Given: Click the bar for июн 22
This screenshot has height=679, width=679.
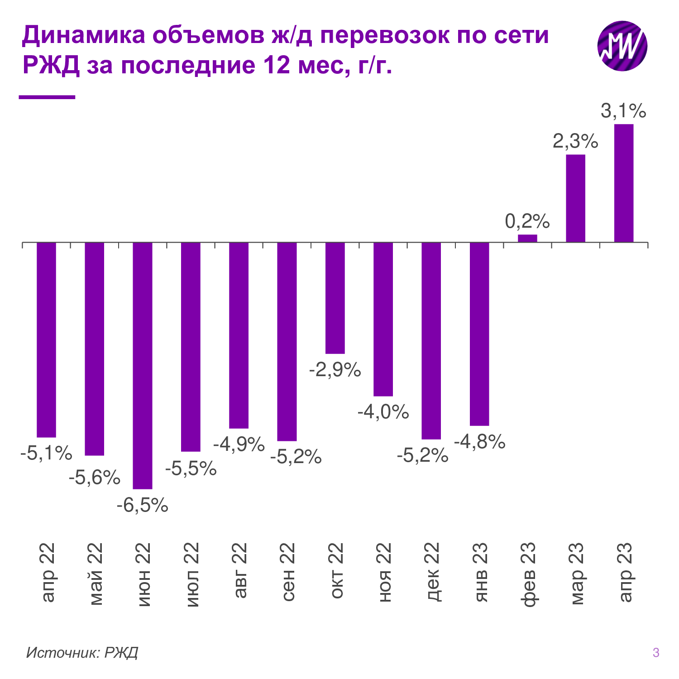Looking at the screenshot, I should (x=142, y=365).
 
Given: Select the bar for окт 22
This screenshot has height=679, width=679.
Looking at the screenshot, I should (x=335, y=298).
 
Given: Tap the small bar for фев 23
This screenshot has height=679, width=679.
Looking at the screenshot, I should (x=527, y=238).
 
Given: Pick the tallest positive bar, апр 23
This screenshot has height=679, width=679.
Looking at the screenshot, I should (x=623, y=183).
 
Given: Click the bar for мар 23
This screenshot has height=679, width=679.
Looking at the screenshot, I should (x=575, y=198).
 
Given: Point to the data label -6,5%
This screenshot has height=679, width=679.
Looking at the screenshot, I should (x=142, y=505).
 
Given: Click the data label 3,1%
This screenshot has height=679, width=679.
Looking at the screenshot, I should (x=623, y=111).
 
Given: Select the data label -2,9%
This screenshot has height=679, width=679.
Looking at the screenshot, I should (x=335, y=370).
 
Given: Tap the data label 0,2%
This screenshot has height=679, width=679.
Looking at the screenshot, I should (x=527, y=221).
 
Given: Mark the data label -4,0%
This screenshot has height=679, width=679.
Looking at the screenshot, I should (x=383, y=412).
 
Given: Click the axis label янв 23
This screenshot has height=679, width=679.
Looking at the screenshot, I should (x=480, y=573).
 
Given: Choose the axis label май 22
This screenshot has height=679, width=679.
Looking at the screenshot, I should (x=96, y=574).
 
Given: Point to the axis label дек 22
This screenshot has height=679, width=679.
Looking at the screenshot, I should (x=432, y=573).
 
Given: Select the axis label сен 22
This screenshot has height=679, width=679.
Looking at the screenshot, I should (x=288, y=573).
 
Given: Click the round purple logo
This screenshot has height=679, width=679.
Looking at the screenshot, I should (x=622, y=46).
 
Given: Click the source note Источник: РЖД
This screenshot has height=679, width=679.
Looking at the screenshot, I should (x=82, y=652).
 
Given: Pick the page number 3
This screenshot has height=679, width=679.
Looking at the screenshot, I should (x=656, y=653).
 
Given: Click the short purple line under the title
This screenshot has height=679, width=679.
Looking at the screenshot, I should (x=47, y=97).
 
